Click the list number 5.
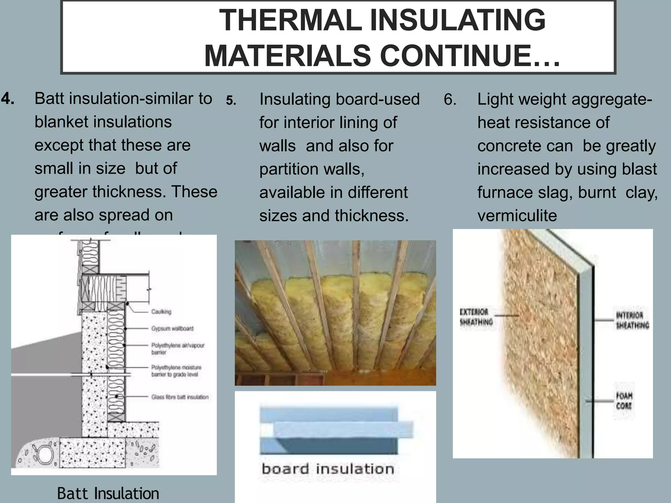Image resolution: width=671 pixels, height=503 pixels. pos(231,101)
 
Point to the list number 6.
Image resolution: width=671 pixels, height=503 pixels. pos(450,99)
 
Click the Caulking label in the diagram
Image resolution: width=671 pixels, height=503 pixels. pos(161,311)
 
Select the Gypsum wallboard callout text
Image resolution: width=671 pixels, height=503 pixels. pos(172,328)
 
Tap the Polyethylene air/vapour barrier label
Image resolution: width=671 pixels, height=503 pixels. pos(178,348)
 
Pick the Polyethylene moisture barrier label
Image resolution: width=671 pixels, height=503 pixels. pos(176,371)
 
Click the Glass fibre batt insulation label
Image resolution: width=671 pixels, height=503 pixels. pos(180,397)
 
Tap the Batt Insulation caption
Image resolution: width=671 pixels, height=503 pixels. pos(108,493)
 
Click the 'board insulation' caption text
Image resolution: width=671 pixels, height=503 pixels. pos(328,469)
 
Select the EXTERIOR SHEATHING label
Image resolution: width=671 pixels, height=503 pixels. pos(476,317)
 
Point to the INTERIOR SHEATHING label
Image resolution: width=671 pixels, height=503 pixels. pos(632,320)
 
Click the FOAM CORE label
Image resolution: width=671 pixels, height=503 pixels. pos(624,401)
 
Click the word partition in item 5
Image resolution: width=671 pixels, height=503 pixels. pos(289,169)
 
